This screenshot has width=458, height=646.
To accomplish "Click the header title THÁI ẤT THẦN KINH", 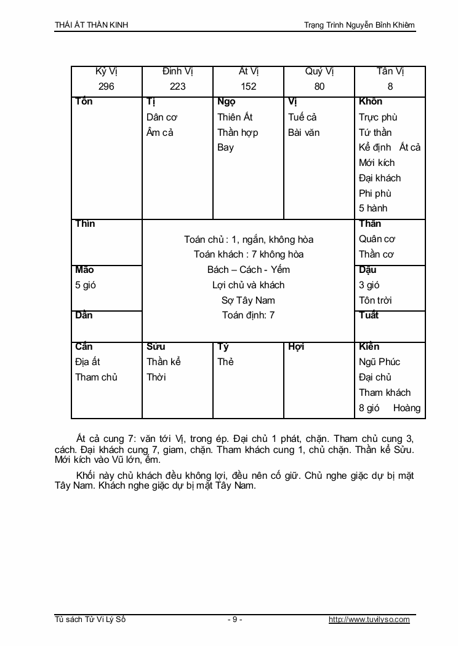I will (92, 25).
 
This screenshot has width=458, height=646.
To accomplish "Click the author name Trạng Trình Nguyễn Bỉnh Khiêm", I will (360, 25).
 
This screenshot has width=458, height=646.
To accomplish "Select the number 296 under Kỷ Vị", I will (106, 87).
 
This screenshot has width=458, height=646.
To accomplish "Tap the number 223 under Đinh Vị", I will (177, 87).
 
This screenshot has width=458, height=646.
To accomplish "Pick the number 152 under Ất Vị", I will (248, 87).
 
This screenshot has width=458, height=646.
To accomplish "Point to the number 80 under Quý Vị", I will (319, 87).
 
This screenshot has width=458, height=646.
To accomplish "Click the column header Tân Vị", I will (390, 71).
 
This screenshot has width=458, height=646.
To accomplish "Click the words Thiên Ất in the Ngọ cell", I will (235, 117).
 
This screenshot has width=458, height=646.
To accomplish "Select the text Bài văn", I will (304, 132).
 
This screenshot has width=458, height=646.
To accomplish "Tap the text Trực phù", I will (378, 117).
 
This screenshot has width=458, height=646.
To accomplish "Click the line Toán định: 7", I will (248, 315).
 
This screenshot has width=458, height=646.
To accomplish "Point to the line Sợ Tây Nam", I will (248, 300).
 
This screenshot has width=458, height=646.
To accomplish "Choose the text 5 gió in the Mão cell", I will (86, 285).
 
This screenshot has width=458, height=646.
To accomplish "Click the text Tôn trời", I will (376, 300).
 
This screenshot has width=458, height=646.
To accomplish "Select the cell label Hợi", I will (296, 347).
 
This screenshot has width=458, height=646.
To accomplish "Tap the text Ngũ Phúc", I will (379, 362).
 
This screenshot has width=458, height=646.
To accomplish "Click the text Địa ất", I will (88, 362).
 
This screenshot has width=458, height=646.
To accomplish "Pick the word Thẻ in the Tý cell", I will (225, 362).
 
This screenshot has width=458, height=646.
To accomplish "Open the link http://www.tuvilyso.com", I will (369, 620).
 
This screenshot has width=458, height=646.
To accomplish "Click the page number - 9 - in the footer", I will (235, 620).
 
